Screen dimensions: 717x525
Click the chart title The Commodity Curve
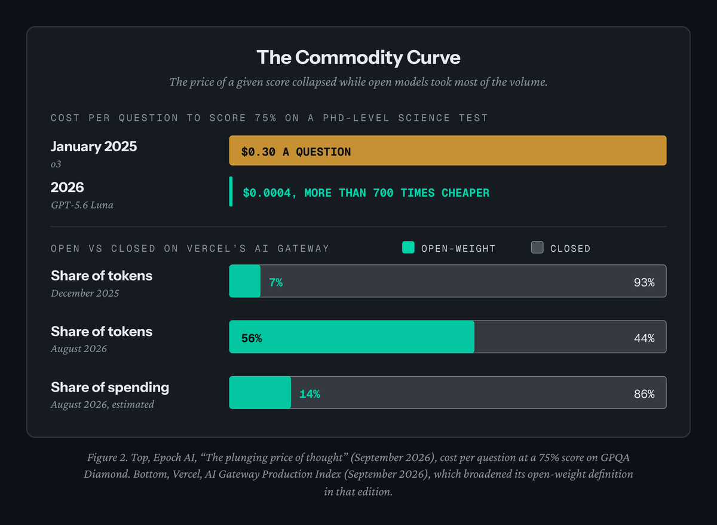click(358, 57)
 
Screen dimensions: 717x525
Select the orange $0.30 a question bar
click(448, 151)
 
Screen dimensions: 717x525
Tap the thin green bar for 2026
click(231, 191)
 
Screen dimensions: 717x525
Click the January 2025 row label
click(94, 146)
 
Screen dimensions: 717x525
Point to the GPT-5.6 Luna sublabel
click(82, 205)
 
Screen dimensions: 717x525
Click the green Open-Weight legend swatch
click(408, 248)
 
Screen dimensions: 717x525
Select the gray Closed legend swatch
click(537, 248)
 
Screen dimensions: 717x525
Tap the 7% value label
click(276, 282)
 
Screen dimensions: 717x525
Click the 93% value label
click(644, 282)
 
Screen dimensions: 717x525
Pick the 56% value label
click(252, 338)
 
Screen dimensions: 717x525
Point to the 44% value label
click(644, 338)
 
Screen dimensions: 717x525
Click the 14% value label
click(310, 394)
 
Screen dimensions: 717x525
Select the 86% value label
click(644, 394)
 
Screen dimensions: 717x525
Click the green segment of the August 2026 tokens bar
click(352, 337)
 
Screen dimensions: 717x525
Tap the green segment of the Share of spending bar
click(260, 393)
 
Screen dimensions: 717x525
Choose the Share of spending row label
click(110, 387)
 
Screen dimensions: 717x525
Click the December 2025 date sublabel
click(85, 293)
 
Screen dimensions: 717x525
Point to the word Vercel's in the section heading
click(217, 249)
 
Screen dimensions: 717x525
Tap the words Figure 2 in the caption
click(107, 457)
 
